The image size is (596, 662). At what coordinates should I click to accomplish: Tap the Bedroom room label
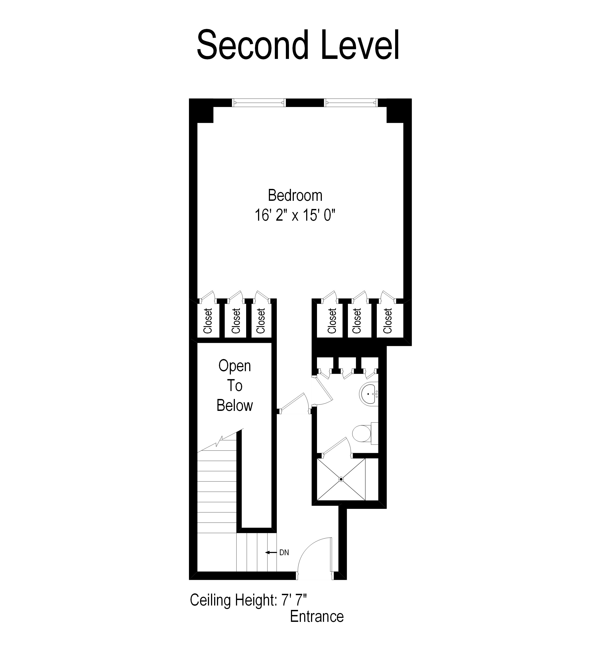tap(295, 196)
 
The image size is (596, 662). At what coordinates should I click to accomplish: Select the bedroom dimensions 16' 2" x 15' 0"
tap(295, 215)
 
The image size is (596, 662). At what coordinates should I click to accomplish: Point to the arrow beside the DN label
tap(271, 553)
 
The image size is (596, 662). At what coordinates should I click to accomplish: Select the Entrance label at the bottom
tap(317, 617)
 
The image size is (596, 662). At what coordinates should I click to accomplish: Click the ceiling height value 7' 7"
tap(294, 600)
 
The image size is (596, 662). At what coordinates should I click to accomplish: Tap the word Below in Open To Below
tap(235, 406)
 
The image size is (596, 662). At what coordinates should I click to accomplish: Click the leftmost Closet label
tap(208, 321)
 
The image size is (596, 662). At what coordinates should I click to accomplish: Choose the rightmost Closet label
tap(388, 321)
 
